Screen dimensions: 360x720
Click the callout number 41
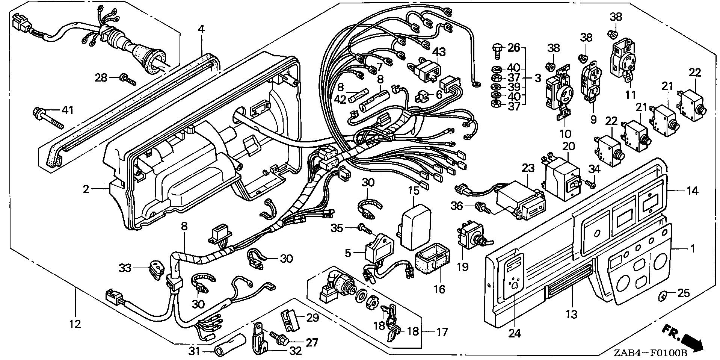[x=68, y=110]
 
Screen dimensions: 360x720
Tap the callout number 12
[x=75, y=324]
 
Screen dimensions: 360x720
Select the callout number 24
[x=515, y=333]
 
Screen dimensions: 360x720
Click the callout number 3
[x=538, y=78]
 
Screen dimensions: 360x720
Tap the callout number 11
[x=631, y=94]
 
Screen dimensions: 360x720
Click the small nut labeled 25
[x=663, y=296]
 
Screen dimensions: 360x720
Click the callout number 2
[x=86, y=189]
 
